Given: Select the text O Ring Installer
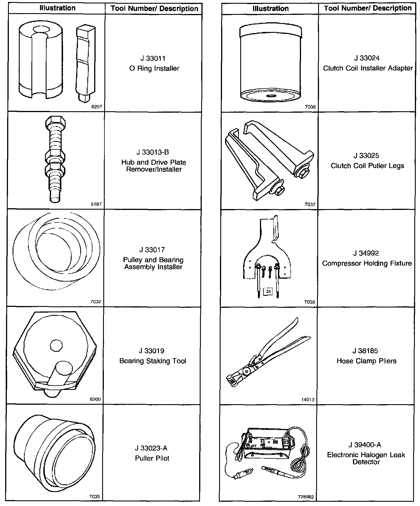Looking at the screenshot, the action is click(154, 68).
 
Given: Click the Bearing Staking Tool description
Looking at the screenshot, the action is click(153, 361).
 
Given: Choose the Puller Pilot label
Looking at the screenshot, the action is click(152, 458).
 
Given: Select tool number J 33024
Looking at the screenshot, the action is click(367, 58).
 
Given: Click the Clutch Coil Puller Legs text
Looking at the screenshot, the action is click(367, 166).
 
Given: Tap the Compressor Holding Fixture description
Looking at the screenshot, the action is click(367, 263).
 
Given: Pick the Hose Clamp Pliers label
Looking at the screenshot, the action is click(367, 361).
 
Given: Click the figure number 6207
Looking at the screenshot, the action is click(96, 107).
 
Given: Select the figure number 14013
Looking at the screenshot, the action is click(308, 400).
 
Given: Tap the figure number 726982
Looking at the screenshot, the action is click(306, 497).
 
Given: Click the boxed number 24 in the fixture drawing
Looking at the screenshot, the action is click(268, 292).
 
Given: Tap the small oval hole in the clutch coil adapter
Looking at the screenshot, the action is click(270, 96).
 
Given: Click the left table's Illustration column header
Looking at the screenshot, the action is click(57, 8).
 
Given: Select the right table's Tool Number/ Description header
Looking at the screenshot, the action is click(368, 8).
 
